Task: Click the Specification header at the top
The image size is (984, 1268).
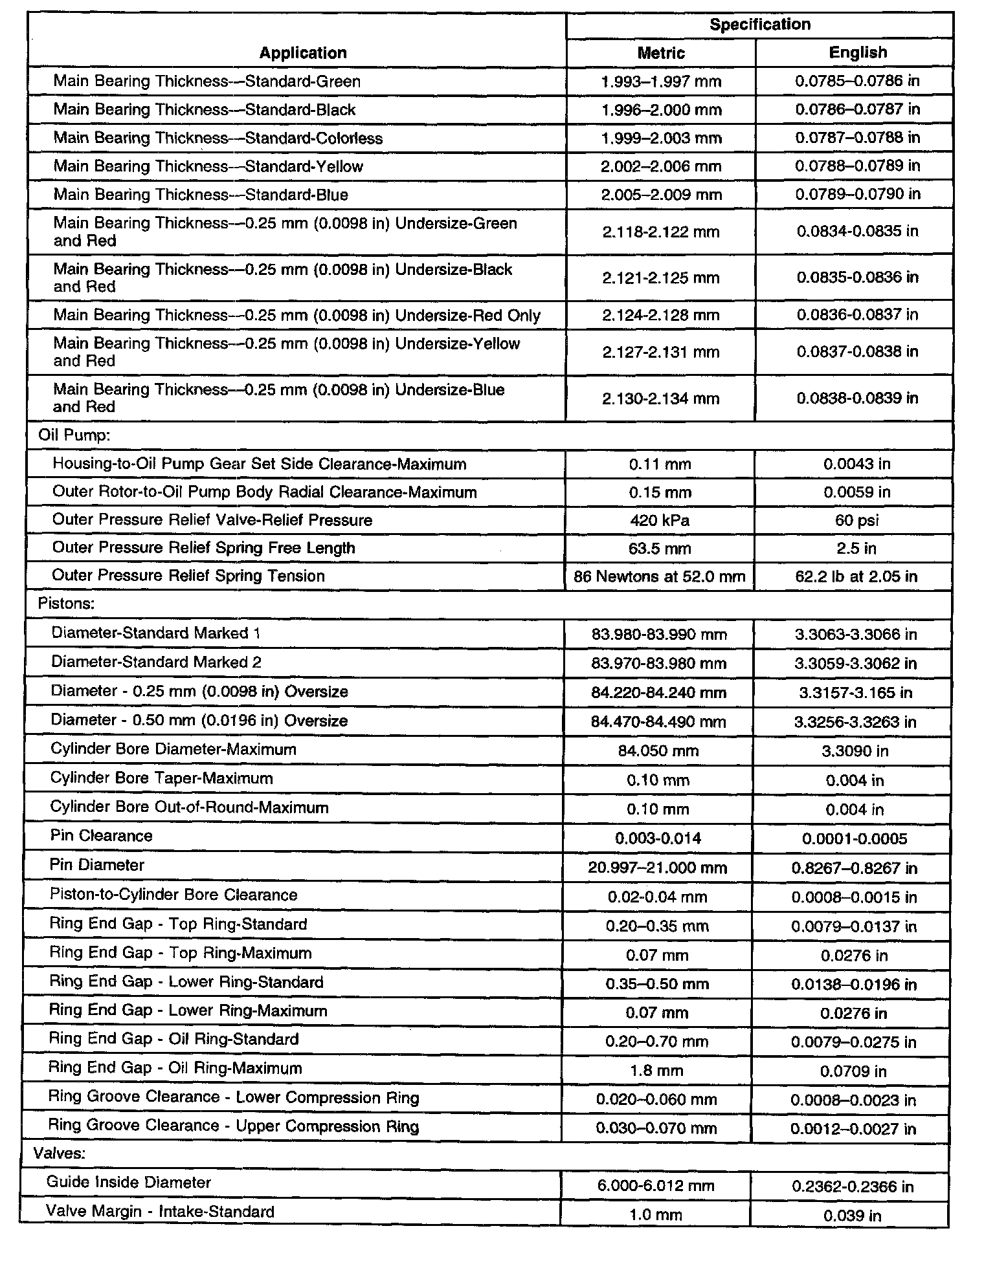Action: tap(759, 25)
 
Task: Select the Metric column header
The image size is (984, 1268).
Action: tap(660, 53)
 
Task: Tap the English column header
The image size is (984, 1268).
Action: tap(857, 53)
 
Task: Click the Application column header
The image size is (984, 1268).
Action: tap(303, 53)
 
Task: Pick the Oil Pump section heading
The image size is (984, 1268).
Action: tap(74, 435)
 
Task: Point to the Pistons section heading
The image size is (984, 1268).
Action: tap(67, 604)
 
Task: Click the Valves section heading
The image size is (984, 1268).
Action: tap(60, 1153)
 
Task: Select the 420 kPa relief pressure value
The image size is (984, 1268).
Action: tap(660, 521)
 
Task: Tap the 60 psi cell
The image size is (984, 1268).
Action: tap(856, 521)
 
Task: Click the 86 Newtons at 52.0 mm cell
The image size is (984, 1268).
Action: tap(659, 576)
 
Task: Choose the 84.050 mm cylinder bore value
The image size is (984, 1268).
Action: tap(658, 751)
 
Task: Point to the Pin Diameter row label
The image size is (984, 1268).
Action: tap(97, 866)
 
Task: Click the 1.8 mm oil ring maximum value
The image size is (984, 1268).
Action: tap(656, 1071)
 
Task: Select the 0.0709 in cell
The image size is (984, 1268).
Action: tap(853, 1071)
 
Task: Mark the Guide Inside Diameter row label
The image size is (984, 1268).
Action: tap(128, 1183)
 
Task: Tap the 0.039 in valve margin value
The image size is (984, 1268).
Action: tap(852, 1216)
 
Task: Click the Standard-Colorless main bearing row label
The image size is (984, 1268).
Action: tap(218, 138)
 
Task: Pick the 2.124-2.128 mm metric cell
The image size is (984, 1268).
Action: tap(660, 315)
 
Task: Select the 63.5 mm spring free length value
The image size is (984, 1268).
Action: tap(660, 549)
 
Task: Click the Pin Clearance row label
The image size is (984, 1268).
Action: tap(102, 836)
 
